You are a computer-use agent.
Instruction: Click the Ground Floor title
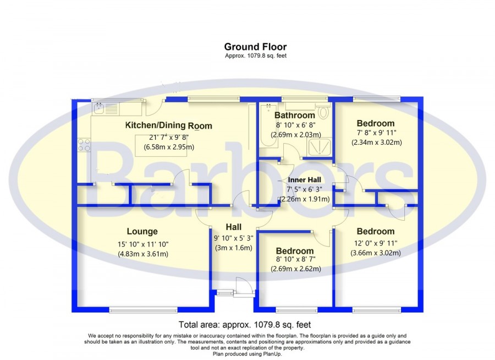point(255,47)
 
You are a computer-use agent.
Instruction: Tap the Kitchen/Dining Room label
point(169,126)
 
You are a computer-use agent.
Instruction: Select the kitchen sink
point(106,109)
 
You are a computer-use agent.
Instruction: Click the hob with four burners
point(84,145)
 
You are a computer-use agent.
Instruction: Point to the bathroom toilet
point(323,111)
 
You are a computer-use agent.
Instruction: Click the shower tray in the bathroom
point(320,148)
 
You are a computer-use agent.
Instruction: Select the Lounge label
point(142,231)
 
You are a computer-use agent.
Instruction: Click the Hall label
point(234,227)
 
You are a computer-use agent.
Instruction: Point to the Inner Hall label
point(304,180)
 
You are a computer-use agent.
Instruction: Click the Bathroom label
point(295,116)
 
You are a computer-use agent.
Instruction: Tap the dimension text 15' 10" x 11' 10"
point(143,244)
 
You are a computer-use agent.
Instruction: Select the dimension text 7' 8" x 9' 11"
point(376,133)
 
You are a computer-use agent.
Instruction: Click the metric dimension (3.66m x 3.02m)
point(376,253)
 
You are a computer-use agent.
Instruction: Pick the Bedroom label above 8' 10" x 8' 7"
point(295,251)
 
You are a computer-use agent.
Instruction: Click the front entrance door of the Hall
point(245,287)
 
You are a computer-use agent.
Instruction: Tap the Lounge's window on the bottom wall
point(144,310)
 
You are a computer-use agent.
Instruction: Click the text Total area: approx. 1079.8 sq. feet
point(245,325)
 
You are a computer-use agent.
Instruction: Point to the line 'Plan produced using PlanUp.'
point(247,354)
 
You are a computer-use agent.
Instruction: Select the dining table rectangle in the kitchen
point(161,145)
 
